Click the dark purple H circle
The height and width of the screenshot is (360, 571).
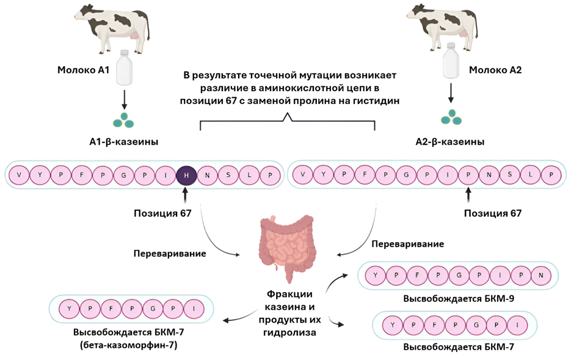coord(186,175)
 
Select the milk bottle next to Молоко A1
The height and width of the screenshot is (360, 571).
coord(125,67)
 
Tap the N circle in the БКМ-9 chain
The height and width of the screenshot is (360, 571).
coord(541,276)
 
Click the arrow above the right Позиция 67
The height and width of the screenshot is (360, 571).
coord(468,195)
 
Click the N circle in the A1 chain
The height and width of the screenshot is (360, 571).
coord(208,175)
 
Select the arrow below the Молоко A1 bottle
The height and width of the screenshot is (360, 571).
coord(125,97)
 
